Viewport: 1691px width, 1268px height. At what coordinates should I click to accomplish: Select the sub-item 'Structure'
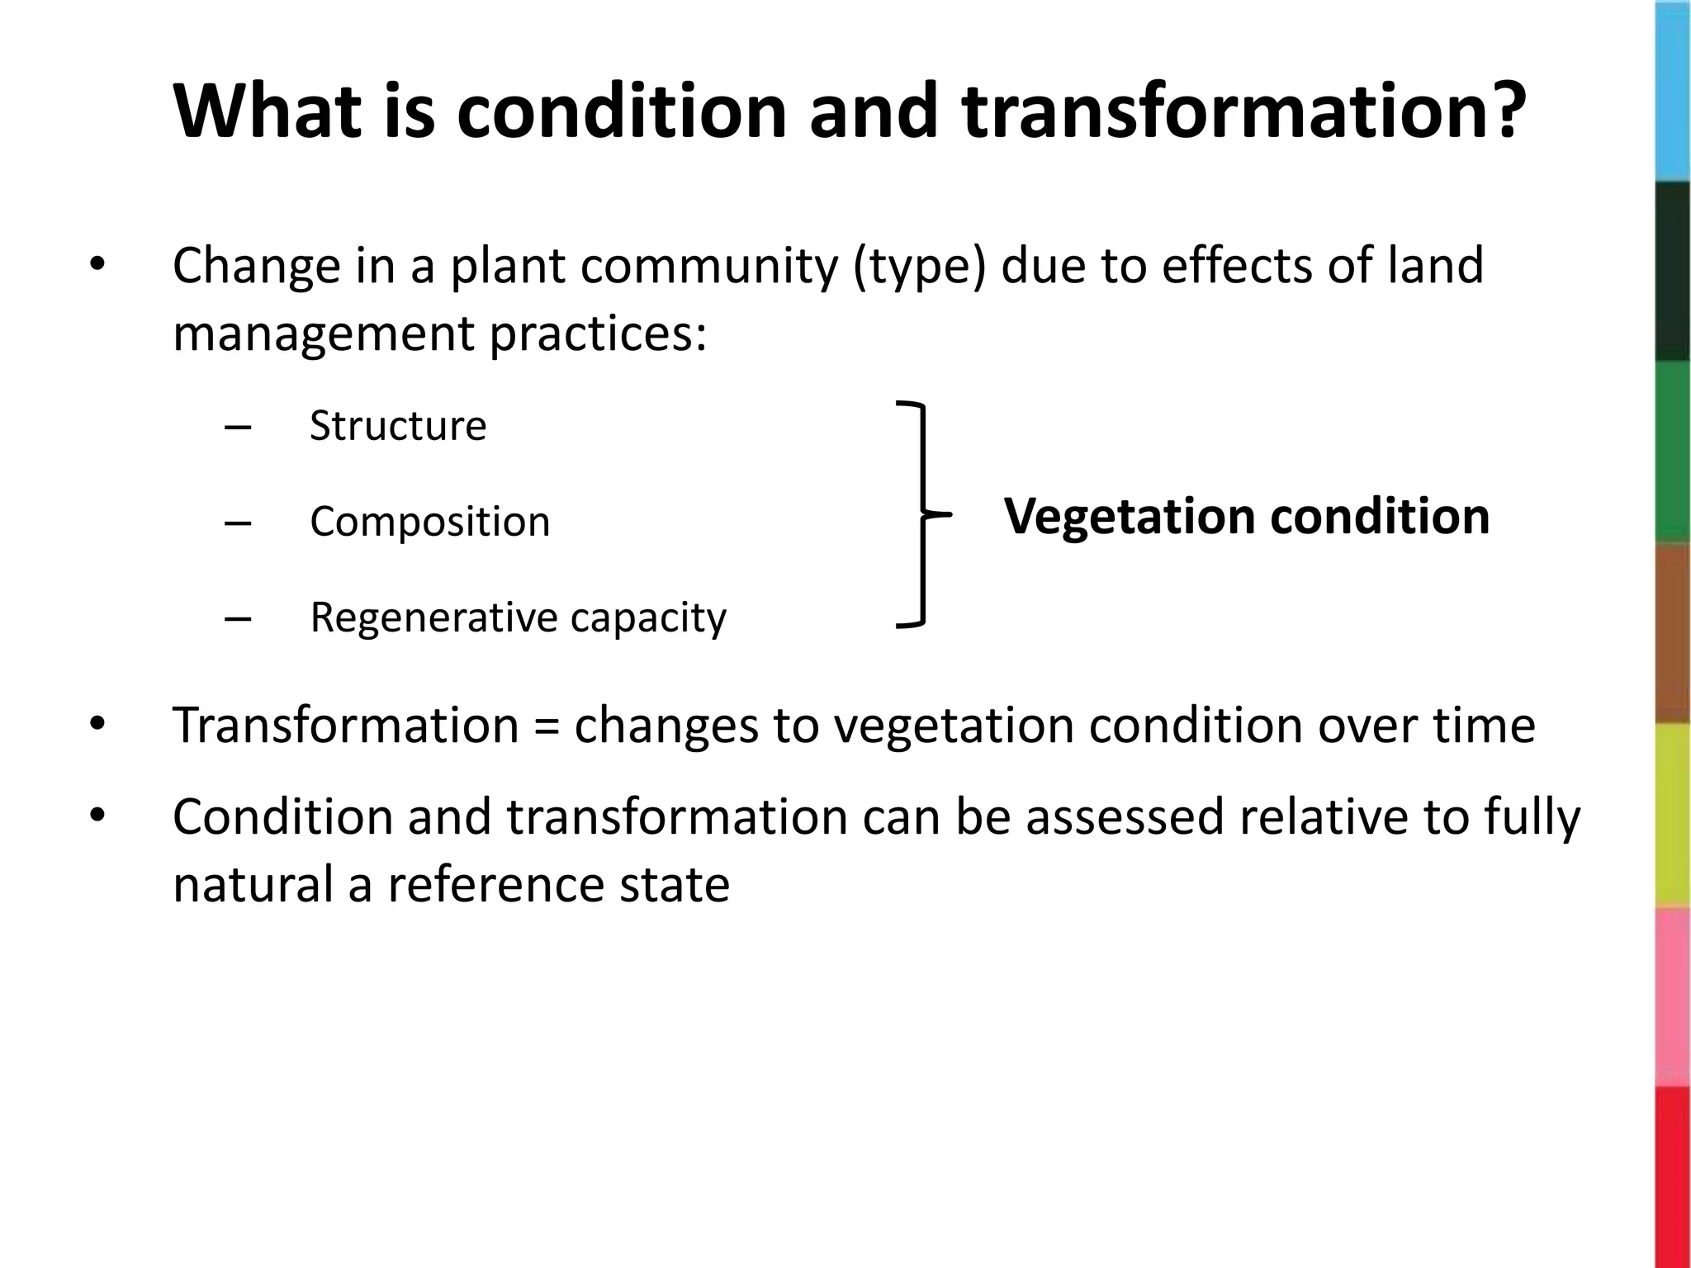(x=398, y=426)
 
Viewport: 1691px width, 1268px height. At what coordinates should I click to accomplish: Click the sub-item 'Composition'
(x=429, y=522)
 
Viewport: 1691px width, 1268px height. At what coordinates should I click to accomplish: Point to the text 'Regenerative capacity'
(x=518, y=617)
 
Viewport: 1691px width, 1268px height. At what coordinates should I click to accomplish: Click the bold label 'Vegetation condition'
(x=1246, y=516)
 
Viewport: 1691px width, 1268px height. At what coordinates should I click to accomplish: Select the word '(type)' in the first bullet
(x=918, y=267)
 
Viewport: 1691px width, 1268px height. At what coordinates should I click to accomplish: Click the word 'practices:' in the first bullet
(x=598, y=334)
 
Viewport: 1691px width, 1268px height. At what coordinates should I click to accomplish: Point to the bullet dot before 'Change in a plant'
(x=97, y=265)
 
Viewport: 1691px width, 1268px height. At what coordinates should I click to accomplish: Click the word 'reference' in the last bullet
(x=496, y=884)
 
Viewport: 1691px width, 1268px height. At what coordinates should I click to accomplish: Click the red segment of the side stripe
(x=1673, y=1176)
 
